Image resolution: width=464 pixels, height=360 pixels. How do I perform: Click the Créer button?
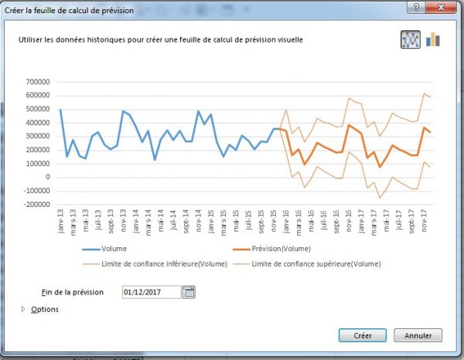tap(363, 335)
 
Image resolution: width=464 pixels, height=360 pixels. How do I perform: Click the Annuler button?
tap(418, 335)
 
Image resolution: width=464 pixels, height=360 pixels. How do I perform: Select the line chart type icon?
tap(410, 39)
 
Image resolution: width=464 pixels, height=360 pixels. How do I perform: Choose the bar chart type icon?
tap(432, 39)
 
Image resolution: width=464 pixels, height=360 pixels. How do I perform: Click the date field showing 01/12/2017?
tap(151, 292)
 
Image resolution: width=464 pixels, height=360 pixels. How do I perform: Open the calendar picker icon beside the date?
tap(189, 292)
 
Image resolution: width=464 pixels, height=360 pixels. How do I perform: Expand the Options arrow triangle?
tap(24, 310)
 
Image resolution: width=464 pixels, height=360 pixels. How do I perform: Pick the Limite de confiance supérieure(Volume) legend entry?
tap(327, 264)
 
